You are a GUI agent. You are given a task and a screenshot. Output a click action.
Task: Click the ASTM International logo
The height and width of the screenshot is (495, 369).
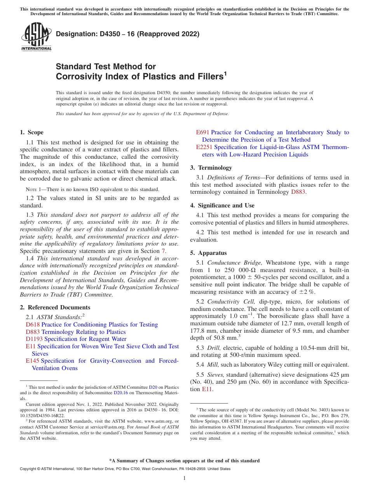pyautogui.click(x=36, y=37)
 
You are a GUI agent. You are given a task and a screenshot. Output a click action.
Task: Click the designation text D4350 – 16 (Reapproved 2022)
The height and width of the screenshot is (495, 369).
pyautogui.click(x=127, y=34)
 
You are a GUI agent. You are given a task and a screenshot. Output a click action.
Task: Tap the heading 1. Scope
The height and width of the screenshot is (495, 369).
pyautogui.click(x=31, y=132)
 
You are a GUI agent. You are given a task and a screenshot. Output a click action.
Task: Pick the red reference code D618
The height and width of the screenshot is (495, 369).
pyautogui.click(x=33, y=325)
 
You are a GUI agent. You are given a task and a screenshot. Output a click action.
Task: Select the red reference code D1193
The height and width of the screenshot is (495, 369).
pyautogui.click(x=34, y=339)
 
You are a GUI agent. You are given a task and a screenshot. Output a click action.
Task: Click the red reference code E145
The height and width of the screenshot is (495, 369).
pyautogui.click(x=33, y=361)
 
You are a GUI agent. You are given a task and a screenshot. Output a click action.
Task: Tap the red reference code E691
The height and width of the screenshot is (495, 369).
pyautogui.click(x=203, y=132)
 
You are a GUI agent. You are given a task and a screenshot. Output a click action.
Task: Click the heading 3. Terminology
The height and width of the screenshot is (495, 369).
pyautogui.click(x=211, y=168)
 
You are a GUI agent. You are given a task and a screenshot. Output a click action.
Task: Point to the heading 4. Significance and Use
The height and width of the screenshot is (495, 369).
pyautogui.click(x=222, y=205)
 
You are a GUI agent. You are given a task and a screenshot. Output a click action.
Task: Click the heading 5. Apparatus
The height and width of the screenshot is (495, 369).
pyautogui.click(x=208, y=253)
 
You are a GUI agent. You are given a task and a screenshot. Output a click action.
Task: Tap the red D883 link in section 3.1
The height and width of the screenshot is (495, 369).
pyautogui.click(x=298, y=192)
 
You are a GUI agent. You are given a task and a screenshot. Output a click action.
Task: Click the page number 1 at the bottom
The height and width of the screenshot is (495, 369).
pyautogui.click(x=184, y=478)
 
